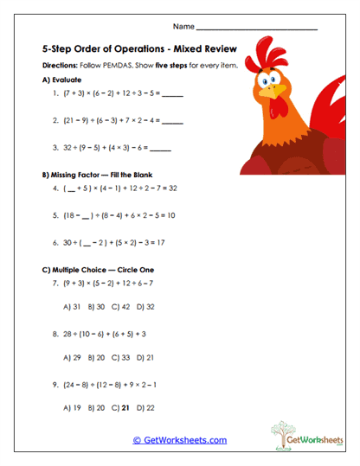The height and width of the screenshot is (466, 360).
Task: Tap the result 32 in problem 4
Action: [172, 187]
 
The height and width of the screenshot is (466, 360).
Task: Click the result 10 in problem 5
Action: [170, 215]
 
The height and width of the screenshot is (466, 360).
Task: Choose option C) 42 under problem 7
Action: [119, 307]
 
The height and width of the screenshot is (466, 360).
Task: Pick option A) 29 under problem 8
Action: [73, 357]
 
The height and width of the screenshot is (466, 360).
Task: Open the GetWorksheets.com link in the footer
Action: [179, 440]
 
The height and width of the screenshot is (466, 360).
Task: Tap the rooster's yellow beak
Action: [274, 90]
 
